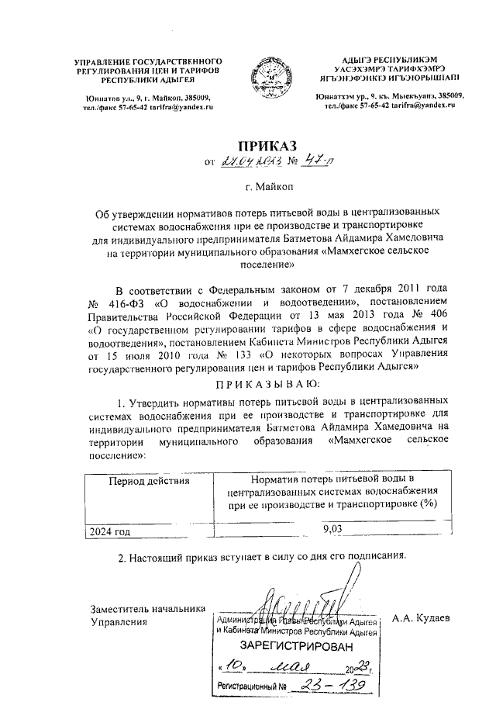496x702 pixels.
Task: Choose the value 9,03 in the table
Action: coord(332,529)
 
